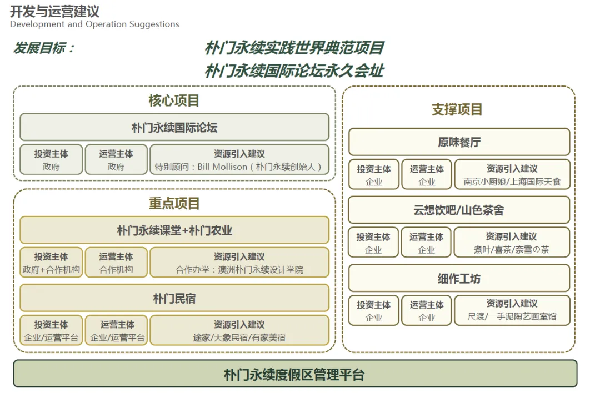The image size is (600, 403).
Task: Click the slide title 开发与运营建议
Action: tap(54, 11)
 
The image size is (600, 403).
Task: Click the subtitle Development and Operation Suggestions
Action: tap(94, 24)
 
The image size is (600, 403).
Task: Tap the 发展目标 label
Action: tap(44, 48)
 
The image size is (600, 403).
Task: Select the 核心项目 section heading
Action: tap(174, 100)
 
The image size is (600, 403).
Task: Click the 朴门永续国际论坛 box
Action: tap(174, 128)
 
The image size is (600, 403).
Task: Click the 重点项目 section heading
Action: tap(174, 203)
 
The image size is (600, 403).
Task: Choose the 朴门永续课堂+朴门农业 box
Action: tap(174, 230)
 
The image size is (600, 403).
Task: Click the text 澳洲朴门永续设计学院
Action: tap(261, 270)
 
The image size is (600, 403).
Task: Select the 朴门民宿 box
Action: tap(174, 299)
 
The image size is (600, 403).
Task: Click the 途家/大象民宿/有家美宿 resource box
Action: tap(239, 331)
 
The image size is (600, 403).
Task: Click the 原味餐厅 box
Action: tap(459, 142)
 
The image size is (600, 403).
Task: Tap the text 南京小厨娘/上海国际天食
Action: tap(512, 182)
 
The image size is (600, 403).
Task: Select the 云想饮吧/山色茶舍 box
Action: tap(459, 210)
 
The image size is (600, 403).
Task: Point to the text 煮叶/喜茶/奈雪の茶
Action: tap(512, 250)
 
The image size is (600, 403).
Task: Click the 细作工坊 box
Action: tap(459, 278)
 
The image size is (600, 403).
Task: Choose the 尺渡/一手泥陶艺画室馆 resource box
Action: tap(512, 311)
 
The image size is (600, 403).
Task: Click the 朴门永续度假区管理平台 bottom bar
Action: tap(294, 374)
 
